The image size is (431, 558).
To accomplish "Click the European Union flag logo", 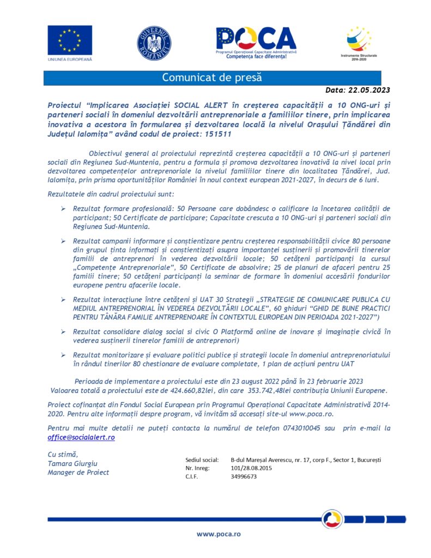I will pyautogui.click(x=70, y=40).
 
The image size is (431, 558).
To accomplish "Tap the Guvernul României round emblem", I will pyautogui.click(x=154, y=43).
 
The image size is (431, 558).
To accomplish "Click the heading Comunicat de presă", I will pyautogui.click(x=212, y=77).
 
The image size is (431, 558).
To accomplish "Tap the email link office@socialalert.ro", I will pyautogui.click(x=81, y=438).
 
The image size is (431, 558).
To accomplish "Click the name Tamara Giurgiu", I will pyautogui.click(x=72, y=463).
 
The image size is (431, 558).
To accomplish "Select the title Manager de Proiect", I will pyautogui.click(x=78, y=472).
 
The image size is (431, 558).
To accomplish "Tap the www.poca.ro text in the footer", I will pyautogui.click(x=218, y=534).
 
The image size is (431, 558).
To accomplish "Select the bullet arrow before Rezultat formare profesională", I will pyautogui.click(x=63, y=209).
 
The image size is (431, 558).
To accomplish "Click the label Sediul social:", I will pyautogui.click(x=202, y=460).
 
